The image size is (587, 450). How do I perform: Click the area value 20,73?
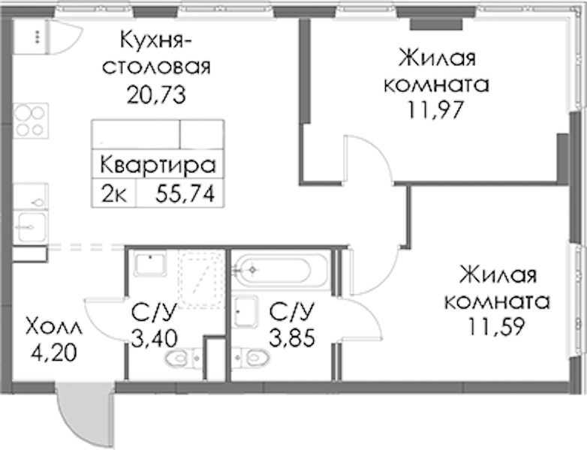coord(156,95)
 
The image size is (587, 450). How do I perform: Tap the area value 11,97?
coord(436,109)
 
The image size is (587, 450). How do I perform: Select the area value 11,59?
coord(497,326)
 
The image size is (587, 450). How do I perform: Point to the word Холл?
coord(53,327)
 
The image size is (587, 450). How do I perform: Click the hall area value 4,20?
coord(54,352)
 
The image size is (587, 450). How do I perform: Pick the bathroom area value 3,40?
coord(154,338)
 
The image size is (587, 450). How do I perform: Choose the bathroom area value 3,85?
coord(293,337)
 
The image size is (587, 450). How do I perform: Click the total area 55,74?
coord(185,193)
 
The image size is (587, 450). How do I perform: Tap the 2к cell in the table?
coord(114,194)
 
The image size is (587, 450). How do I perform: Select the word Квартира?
coord(158,165)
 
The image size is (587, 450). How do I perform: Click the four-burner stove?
coord(31,121)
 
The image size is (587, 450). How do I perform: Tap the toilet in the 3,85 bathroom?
coord(250,357)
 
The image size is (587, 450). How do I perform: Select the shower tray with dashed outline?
coord(202,279)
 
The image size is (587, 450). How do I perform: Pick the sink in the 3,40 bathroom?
coord(150,263)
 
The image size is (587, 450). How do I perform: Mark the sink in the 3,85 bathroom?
coord(245,311)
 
